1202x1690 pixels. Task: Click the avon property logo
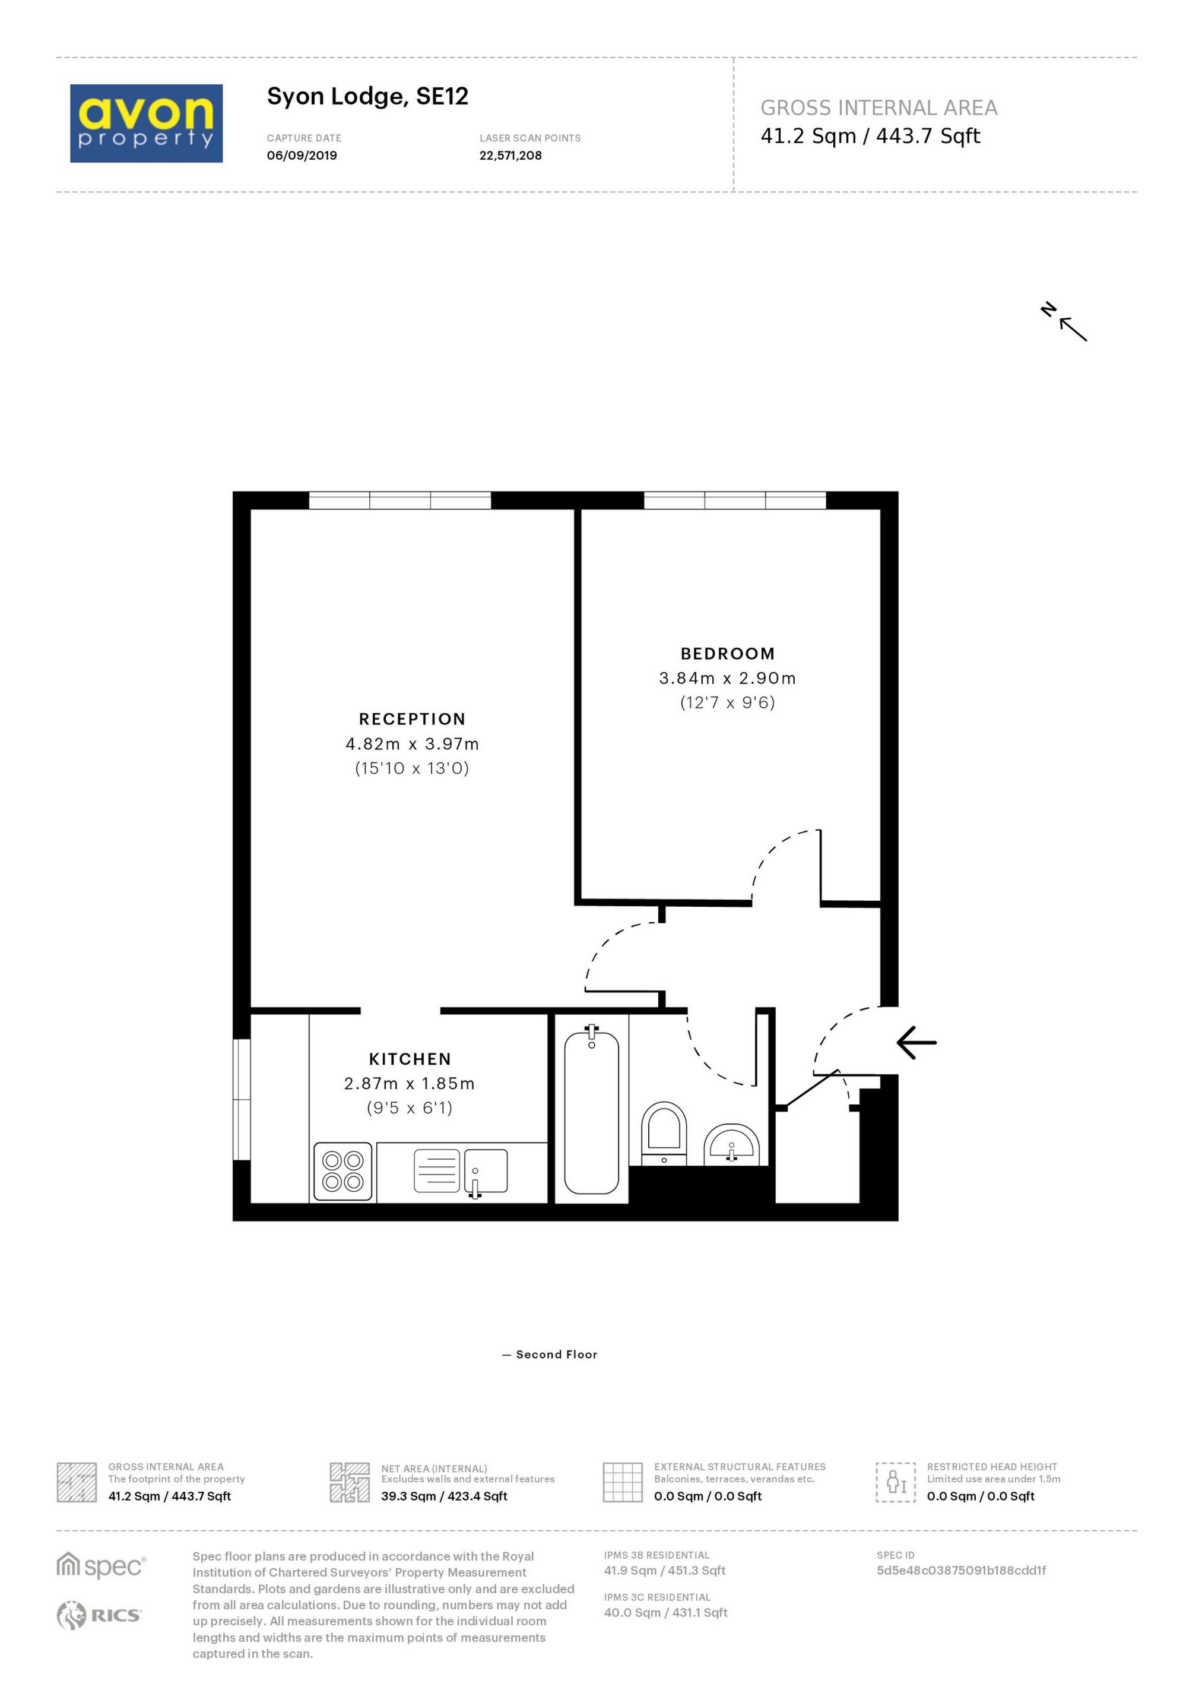pos(146,123)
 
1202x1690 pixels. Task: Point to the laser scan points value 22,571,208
pos(510,156)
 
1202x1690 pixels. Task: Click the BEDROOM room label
pos(728,654)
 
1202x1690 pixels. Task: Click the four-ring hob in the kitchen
pos(342,1171)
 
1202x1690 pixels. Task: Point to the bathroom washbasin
pos(731,1144)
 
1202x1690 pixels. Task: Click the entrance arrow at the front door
pos(916,1042)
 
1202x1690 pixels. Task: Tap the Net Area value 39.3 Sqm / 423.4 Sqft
pos(444,1496)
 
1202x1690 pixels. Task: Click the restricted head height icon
pos(896,1482)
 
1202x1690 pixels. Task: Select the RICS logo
pos(99,1615)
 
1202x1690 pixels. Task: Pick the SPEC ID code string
pos(961,1570)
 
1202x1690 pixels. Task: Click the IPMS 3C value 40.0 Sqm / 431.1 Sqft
pos(665,1612)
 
